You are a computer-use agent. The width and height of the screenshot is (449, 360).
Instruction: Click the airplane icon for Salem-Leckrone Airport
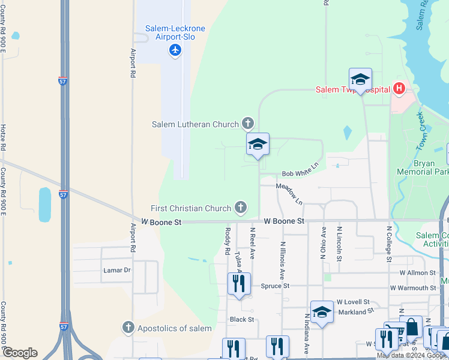(175, 49)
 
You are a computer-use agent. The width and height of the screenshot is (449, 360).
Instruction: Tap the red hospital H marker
(399, 90)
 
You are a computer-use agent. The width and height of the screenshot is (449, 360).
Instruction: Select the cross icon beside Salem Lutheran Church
(247, 124)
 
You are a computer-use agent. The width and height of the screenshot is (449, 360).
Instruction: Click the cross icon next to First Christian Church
(240, 208)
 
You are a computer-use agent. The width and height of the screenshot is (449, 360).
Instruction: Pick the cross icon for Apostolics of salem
(127, 328)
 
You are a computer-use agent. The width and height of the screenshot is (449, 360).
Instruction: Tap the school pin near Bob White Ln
(258, 145)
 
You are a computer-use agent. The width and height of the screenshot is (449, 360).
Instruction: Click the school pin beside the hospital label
(360, 79)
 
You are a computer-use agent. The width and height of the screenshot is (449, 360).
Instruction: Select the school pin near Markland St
(322, 312)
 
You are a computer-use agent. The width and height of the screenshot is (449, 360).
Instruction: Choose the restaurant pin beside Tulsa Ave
(239, 284)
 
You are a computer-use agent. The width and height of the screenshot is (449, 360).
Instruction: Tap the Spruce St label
(275, 286)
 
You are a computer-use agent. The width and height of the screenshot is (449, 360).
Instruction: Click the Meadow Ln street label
(289, 193)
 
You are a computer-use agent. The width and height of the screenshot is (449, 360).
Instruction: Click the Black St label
(243, 319)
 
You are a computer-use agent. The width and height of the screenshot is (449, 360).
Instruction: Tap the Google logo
(20, 353)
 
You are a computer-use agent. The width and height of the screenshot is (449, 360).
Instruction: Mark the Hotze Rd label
(3, 138)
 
